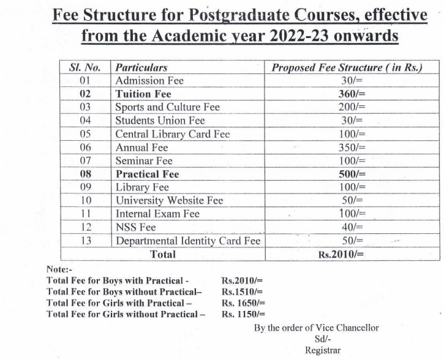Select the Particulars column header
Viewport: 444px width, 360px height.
[x=141, y=67]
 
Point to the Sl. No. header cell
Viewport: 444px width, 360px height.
[x=85, y=67]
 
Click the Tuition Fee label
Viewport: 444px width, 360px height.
[x=143, y=94]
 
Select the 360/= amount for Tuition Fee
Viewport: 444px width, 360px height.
[x=352, y=94]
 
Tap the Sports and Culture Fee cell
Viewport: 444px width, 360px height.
[x=167, y=107]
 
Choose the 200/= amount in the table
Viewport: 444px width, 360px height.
[x=352, y=107]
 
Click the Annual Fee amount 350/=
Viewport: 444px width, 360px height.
[x=352, y=148]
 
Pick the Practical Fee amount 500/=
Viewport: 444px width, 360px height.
[x=352, y=174]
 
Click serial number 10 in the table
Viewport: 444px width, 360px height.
[x=86, y=201]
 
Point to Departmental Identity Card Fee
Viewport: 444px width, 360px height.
[x=188, y=241]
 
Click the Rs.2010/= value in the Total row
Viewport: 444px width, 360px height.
[x=341, y=255]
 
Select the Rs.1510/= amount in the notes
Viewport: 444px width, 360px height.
[x=242, y=291]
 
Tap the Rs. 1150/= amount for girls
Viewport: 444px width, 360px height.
[x=243, y=314]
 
